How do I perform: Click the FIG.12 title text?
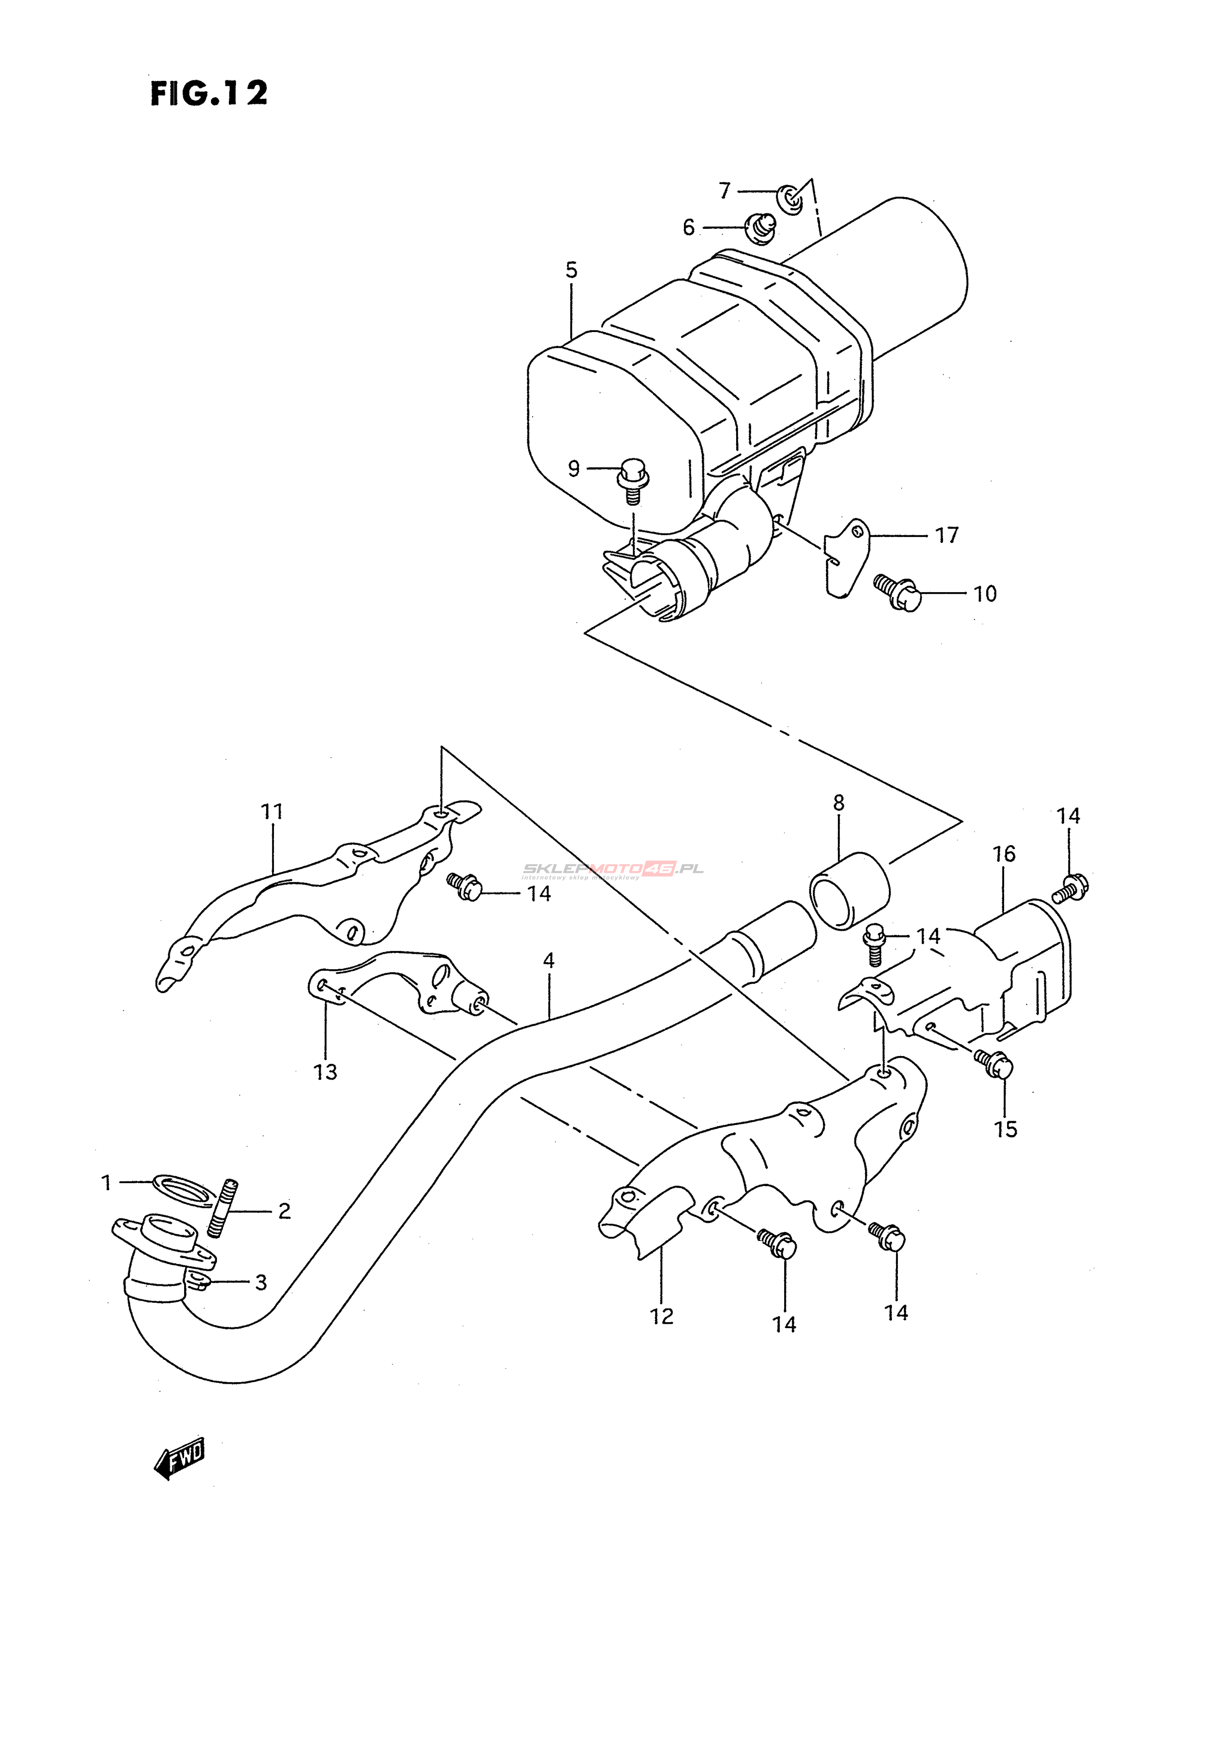208,93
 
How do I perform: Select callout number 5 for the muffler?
572,270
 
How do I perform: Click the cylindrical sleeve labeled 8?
850,890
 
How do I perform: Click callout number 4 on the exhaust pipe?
549,961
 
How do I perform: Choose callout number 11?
272,812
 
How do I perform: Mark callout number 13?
325,1072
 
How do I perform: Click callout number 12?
662,1316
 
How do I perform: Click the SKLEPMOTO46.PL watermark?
613,869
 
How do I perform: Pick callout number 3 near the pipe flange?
261,1282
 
